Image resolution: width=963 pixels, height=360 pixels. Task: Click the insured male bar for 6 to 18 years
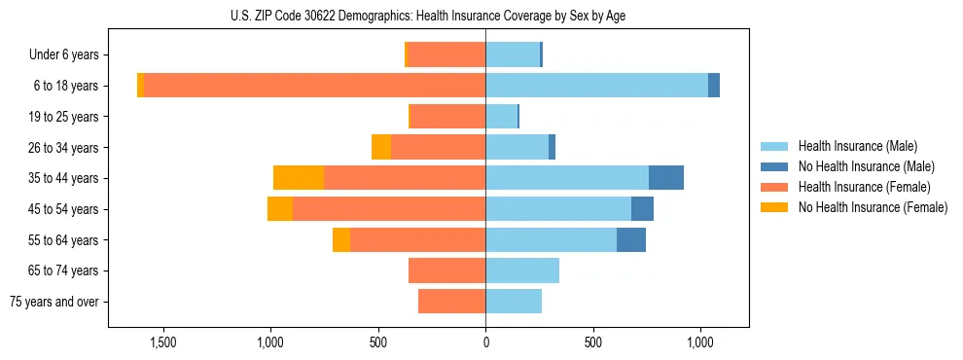point(596,86)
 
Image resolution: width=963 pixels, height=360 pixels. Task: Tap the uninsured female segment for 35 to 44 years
point(299,178)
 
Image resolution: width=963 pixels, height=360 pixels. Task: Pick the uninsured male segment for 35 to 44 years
point(665,178)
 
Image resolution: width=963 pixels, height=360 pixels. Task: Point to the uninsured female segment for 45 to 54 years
point(280,209)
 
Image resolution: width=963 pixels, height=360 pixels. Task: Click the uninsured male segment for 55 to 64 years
point(630,239)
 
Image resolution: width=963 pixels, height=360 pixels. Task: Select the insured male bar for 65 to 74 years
point(522,270)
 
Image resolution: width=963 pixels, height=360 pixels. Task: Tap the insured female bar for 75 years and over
point(451,302)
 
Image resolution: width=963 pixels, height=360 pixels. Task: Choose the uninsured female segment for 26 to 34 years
point(381,147)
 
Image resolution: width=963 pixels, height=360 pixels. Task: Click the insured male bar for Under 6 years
point(513,54)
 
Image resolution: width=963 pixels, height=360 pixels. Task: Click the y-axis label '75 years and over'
point(53,302)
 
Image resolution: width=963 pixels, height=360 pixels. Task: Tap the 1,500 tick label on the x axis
point(162,342)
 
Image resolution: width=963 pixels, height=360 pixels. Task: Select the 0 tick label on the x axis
point(485,342)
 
